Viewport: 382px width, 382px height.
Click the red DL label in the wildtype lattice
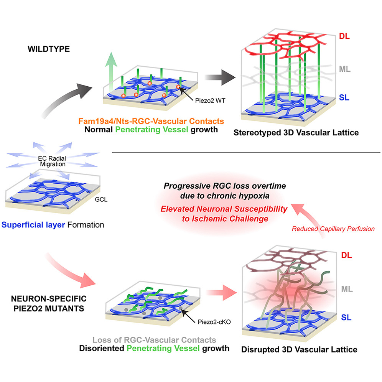pos(346,37)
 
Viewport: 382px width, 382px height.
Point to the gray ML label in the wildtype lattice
pos(346,70)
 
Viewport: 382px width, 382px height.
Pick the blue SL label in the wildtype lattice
pos(345,98)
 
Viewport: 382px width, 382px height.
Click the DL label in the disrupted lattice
pos(346,255)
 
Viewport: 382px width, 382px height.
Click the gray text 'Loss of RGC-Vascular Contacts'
pos(154,340)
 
